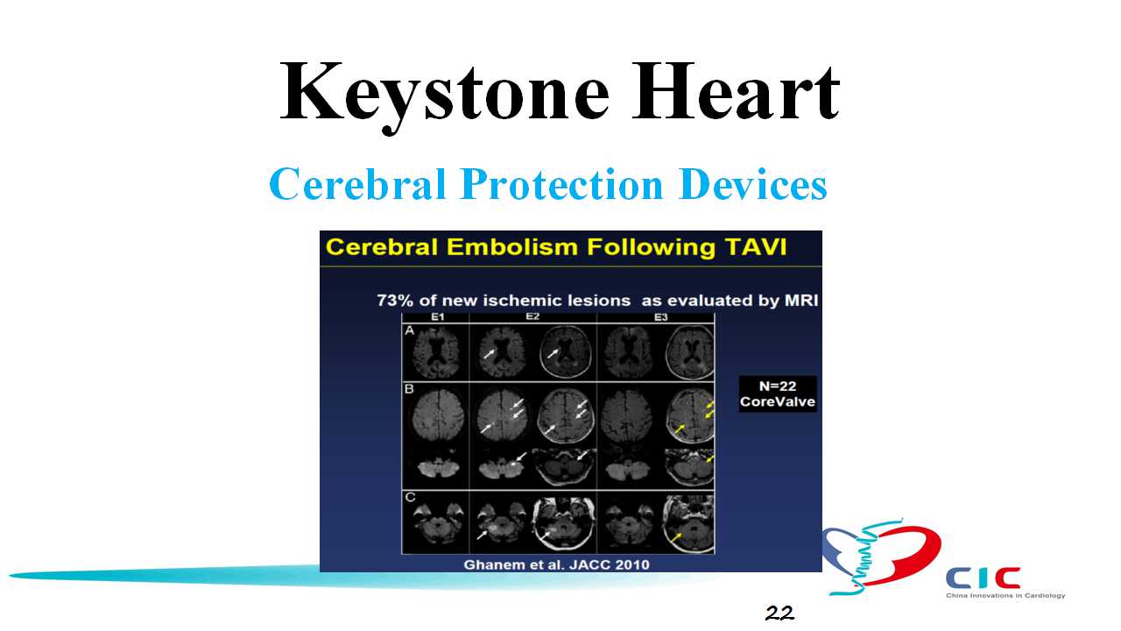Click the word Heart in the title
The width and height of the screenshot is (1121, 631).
click(x=736, y=92)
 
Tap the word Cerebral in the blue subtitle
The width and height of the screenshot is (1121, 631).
click(x=357, y=184)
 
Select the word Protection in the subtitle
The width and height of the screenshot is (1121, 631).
click(x=561, y=184)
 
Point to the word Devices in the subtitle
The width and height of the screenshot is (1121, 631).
click(x=752, y=184)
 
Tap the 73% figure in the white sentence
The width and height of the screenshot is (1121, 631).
click(x=395, y=301)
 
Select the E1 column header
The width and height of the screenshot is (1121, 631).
click(x=437, y=317)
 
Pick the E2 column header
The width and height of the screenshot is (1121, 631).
click(x=532, y=317)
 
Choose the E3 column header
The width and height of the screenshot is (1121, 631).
click(x=660, y=317)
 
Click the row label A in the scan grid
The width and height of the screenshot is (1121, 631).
click(x=409, y=330)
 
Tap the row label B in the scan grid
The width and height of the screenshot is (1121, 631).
click(x=409, y=389)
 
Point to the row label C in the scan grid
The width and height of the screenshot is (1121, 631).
click(x=410, y=497)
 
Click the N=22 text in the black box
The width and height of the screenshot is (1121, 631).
click(x=777, y=386)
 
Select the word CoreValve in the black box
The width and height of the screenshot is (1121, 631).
click(x=778, y=401)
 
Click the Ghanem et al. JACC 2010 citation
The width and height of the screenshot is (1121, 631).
click(x=556, y=565)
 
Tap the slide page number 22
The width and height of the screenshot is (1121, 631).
click(x=779, y=613)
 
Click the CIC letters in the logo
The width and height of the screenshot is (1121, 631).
click(x=983, y=578)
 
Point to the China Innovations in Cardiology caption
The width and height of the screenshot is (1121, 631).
click(x=1005, y=595)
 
